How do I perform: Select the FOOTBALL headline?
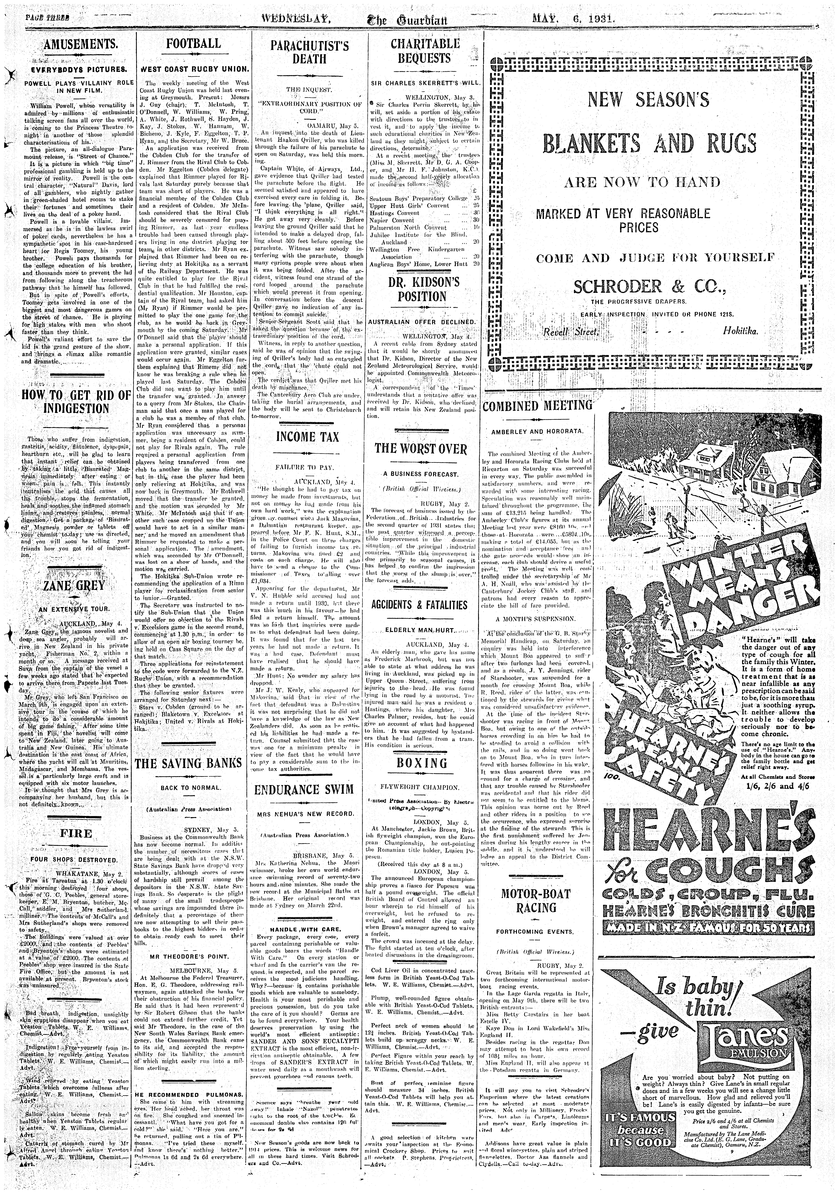tap(194, 44)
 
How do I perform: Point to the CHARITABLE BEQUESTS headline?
tap(425, 50)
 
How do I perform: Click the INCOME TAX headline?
tap(307, 437)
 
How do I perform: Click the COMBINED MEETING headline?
tap(538, 405)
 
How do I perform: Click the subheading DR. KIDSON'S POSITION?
tap(422, 290)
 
